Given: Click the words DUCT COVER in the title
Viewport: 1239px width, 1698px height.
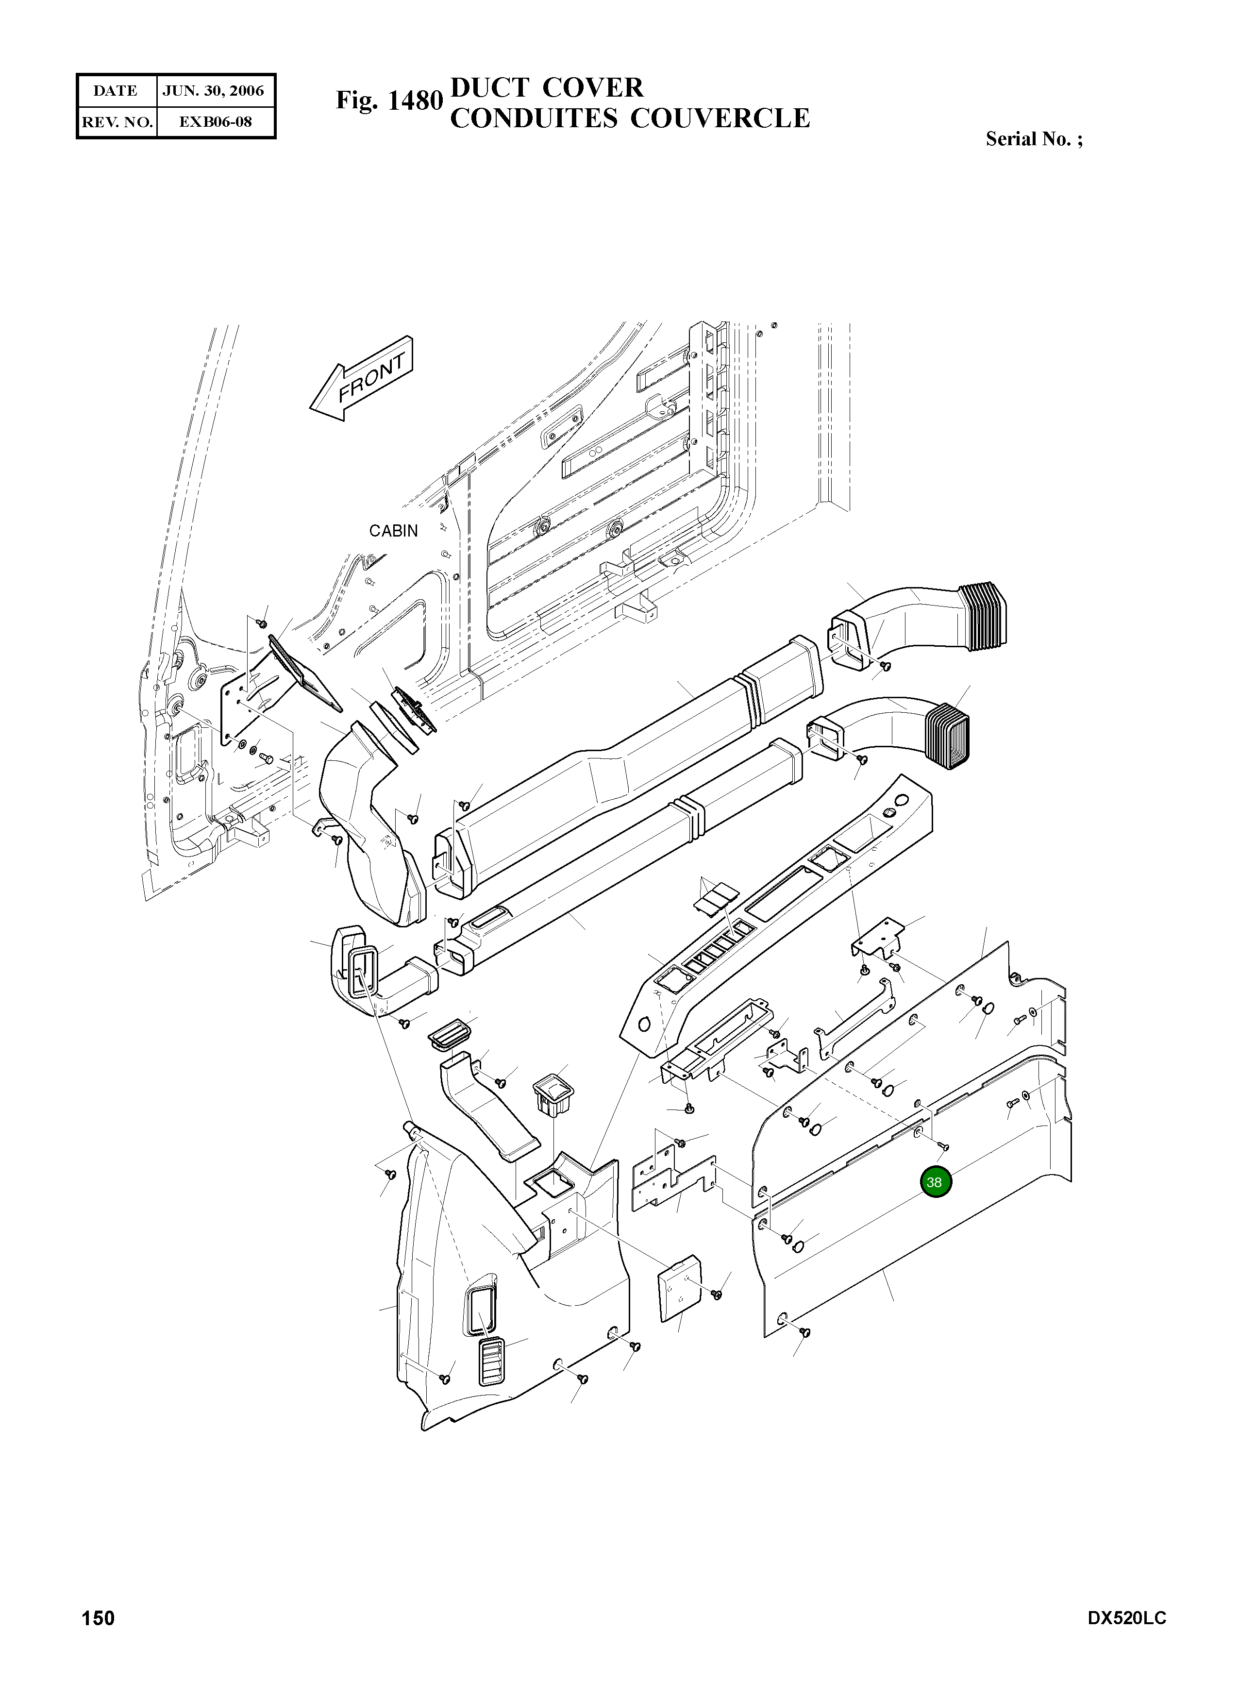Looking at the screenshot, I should (x=546, y=88).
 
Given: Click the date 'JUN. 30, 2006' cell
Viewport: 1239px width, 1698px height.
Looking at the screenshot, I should (x=214, y=91).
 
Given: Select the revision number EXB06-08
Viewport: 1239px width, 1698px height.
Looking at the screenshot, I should (x=215, y=121).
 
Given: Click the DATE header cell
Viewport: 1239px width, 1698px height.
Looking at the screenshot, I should (x=116, y=91).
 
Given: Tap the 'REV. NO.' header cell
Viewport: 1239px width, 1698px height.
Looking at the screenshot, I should (x=116, y=121).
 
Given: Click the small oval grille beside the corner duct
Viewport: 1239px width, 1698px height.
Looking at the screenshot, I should (x=448, y=1036).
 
